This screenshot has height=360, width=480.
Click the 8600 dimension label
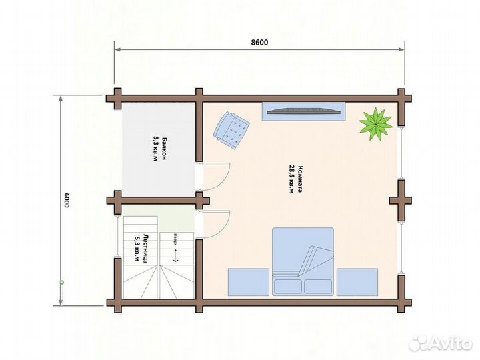click(259, 42)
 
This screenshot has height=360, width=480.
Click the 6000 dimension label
click(67, 201)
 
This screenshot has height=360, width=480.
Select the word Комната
click(300, 179)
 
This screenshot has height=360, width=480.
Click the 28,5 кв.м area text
click(291, 179)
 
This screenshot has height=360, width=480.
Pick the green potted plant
click(375, 124)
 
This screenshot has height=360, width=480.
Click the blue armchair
click(231, 131)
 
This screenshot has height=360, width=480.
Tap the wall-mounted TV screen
click(304, 111)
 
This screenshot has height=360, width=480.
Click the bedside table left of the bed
click(249, 282)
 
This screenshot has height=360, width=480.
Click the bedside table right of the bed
click(357, 282)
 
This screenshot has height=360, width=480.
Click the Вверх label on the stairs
click(175, 239)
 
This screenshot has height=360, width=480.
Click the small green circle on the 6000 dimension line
click(61, 282)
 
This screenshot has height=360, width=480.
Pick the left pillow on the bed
click(287, 287)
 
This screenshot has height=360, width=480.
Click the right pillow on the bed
click(318, 287)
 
